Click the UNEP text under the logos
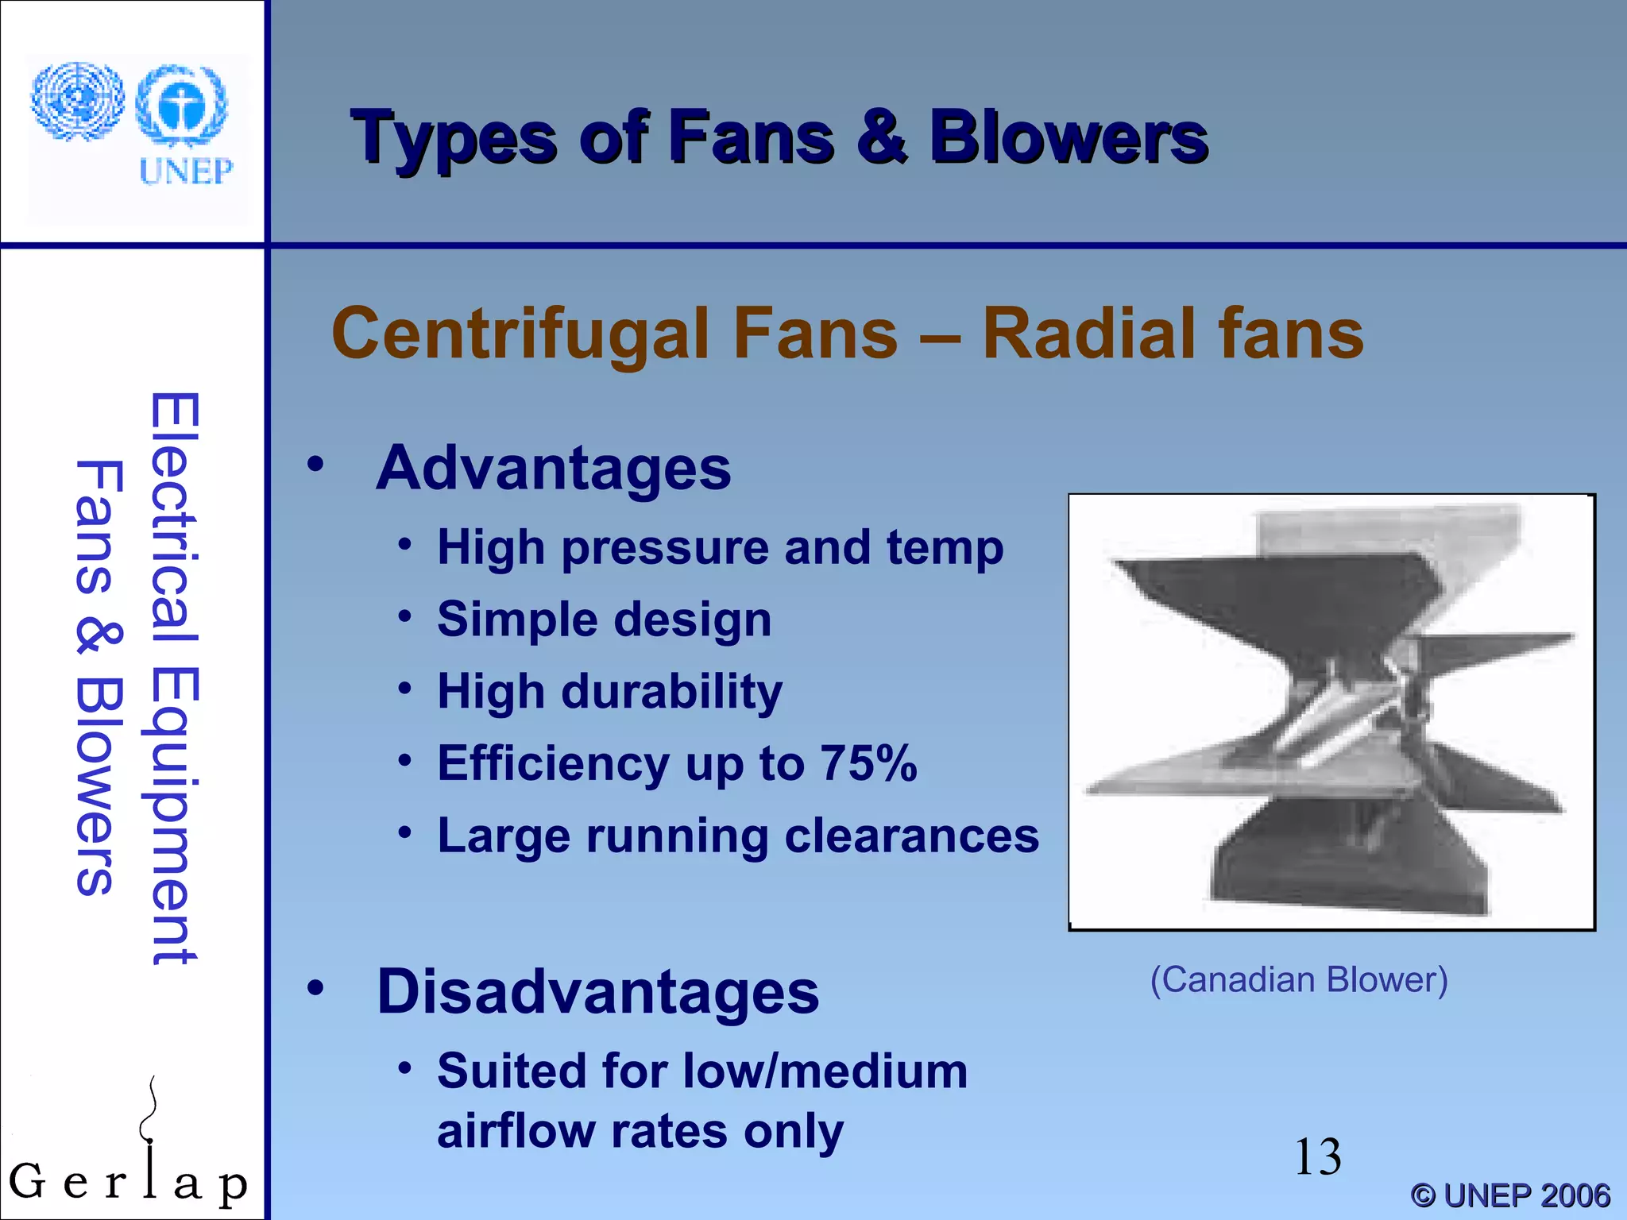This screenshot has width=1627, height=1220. (x=186, y=172)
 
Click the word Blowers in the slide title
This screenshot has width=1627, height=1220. (x=1069, y=138)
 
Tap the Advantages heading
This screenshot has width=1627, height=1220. (x=554, y=469)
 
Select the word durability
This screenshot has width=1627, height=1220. (x=672, y=692)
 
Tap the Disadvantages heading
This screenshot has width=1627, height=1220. (x=597, y=992)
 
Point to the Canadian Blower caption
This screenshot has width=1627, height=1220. (x=1299, y=980)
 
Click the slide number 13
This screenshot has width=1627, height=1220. (x=1318, y=1157)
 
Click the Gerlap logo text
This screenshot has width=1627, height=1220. (x=127, y=1183)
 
